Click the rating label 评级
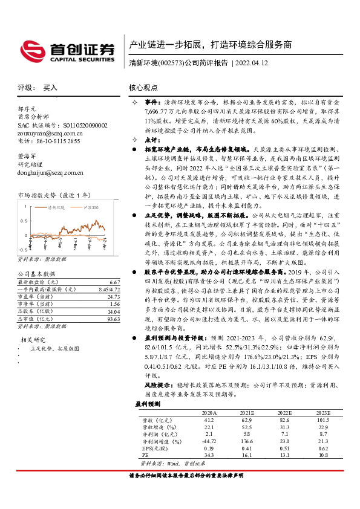[24, 88]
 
